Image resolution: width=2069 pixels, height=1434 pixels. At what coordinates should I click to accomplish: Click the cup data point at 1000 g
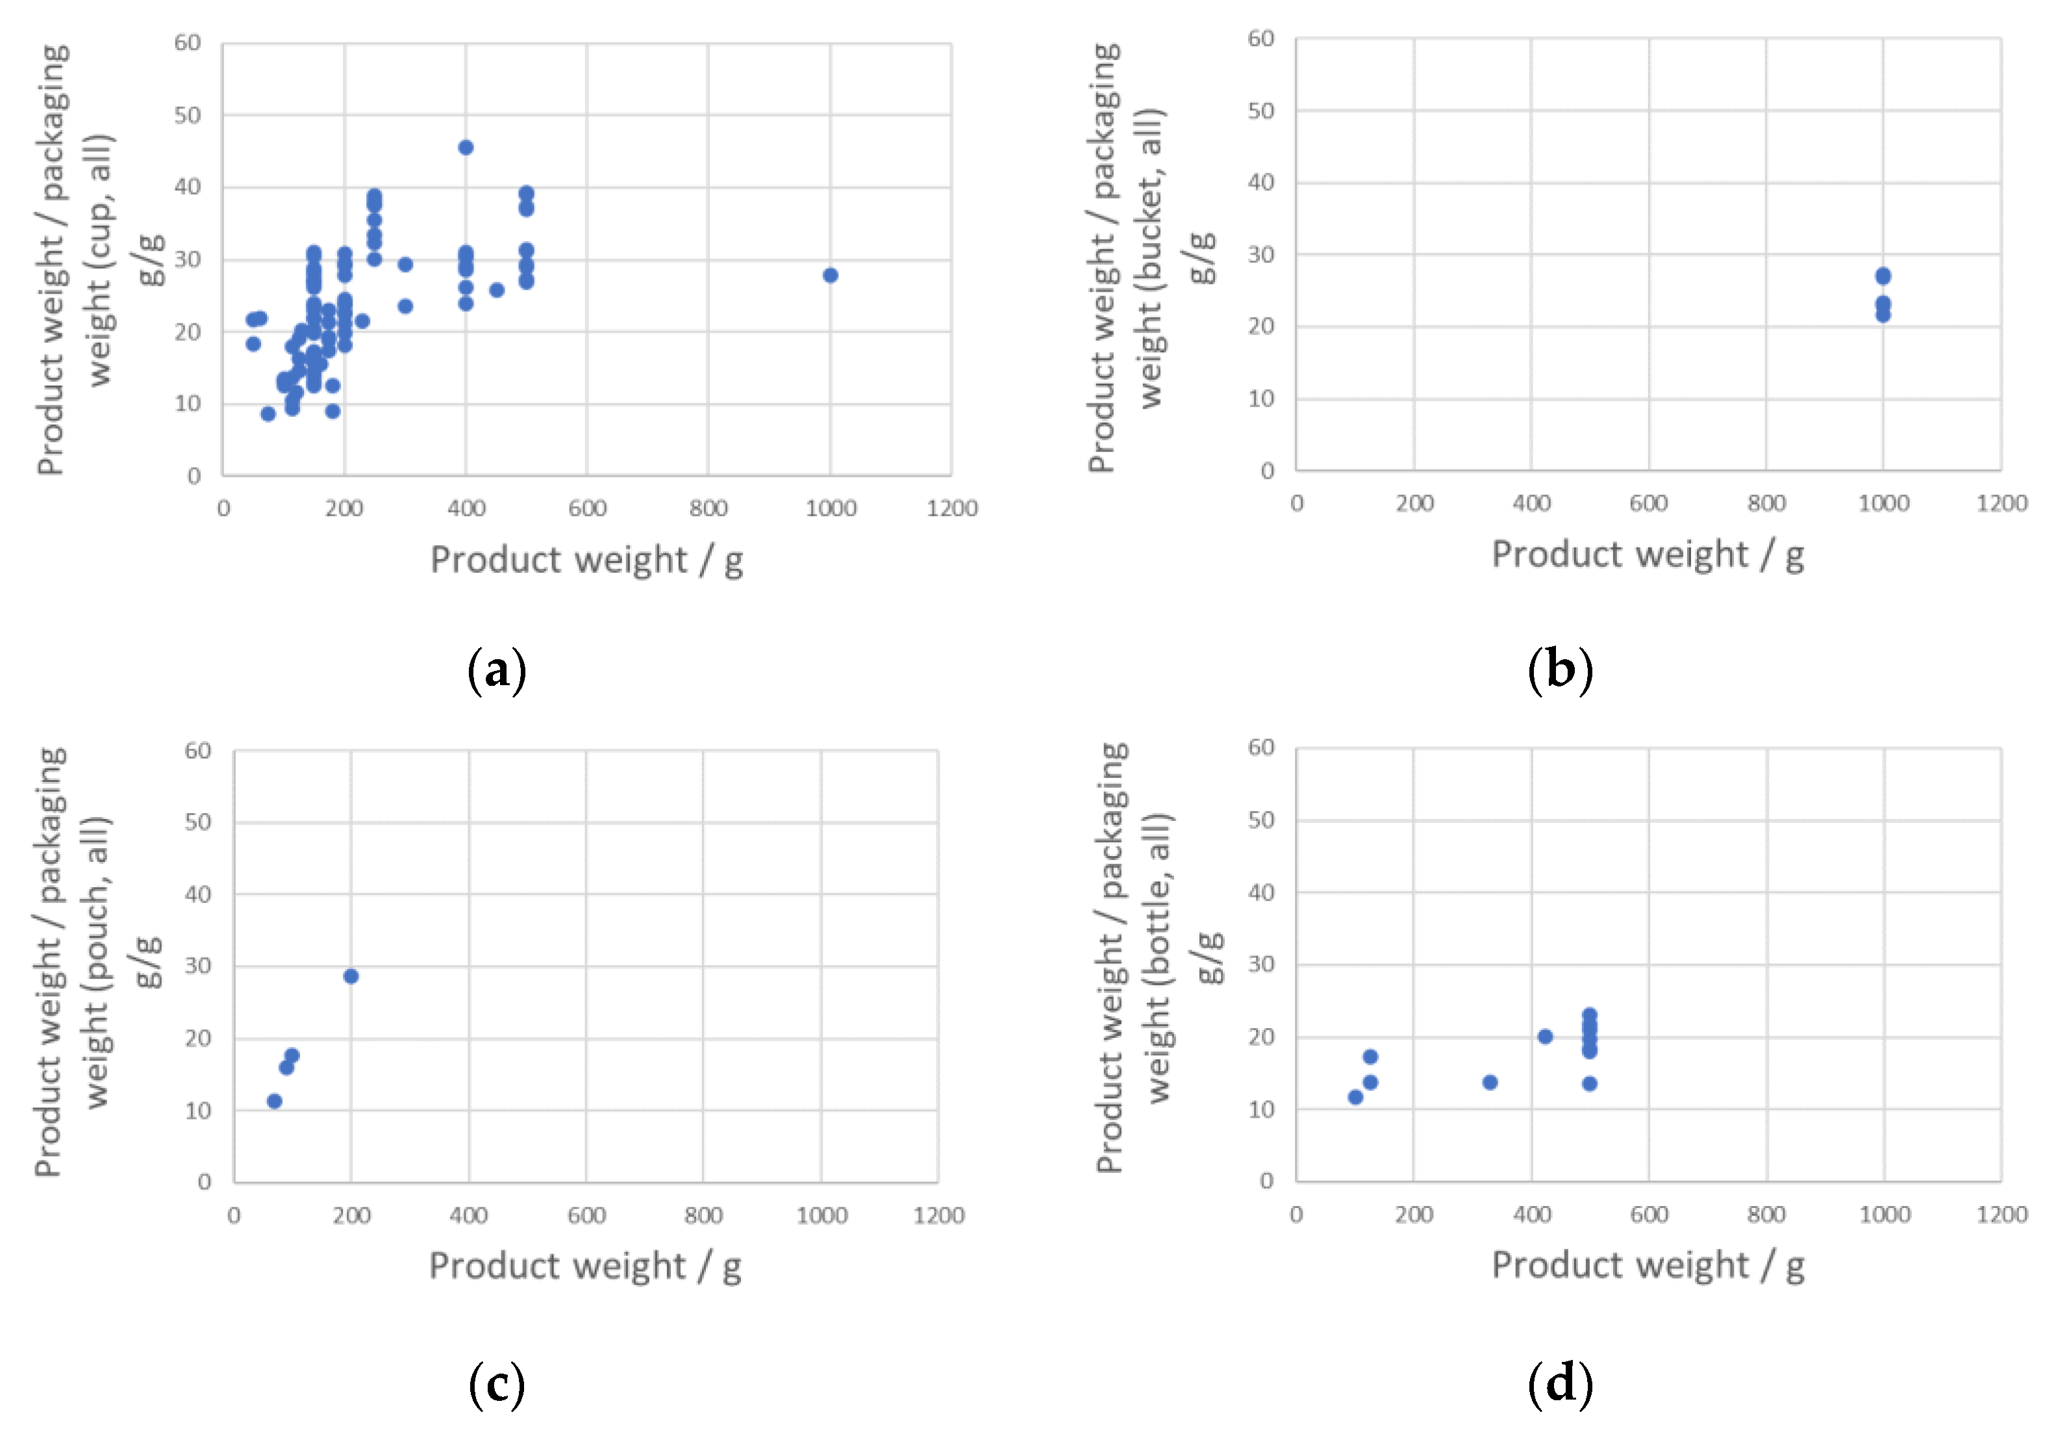(829, 275)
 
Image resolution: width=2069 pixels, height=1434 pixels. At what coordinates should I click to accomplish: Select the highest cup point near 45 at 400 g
(466, 147)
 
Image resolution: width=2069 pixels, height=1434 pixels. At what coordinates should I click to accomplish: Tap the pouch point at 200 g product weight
(351, 975)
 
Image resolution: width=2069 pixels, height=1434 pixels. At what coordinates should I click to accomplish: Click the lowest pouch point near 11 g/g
(275, 1101)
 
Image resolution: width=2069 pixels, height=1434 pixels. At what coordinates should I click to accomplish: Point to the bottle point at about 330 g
(1490, 1082)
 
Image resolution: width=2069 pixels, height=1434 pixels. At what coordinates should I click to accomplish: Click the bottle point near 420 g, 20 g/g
(1545, 1036)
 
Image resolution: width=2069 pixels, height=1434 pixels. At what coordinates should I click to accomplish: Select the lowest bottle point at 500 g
(1589, 1083)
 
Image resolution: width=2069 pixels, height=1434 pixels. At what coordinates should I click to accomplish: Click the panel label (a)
(497, 670)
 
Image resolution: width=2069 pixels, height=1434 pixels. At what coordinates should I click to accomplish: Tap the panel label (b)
(1561, 670)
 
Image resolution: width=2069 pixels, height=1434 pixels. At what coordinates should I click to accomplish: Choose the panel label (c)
(497, 1384)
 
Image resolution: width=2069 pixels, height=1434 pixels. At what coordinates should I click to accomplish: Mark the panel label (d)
(1561, 1384)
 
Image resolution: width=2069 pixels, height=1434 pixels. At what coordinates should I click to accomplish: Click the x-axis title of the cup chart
(586, 560)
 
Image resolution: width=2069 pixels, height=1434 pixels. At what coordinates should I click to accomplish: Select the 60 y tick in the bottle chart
(1260, 748)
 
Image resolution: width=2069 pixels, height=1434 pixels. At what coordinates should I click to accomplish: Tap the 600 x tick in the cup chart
(586, 509)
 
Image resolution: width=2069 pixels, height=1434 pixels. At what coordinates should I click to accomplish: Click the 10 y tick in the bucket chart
(1260, 398)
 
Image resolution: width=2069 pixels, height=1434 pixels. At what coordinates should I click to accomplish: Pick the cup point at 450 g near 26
(497, 289)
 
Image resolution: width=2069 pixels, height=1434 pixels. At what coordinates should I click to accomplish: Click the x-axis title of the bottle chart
(1648, 1265)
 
